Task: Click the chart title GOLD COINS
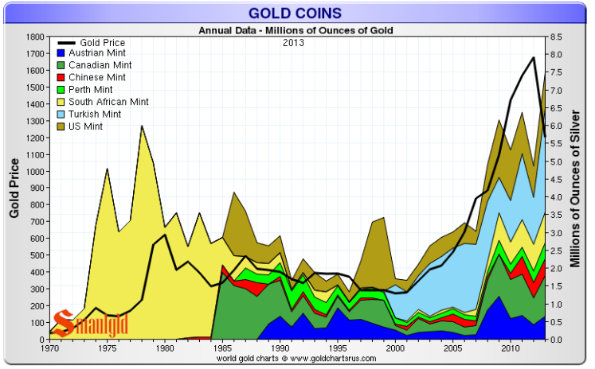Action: tap(296, 13)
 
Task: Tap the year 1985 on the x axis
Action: tap(223, 348)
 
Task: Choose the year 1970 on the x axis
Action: tap(50, 348)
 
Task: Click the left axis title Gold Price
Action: tap(14, 188)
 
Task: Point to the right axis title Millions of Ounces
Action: tap(579, 188)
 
